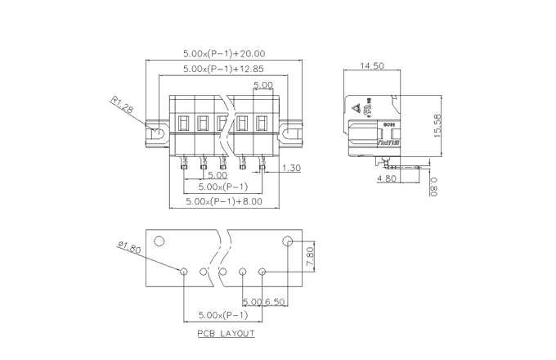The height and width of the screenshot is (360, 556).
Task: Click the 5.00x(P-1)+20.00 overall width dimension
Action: point(223,53)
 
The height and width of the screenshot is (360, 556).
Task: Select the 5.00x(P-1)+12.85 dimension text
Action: point(223,70)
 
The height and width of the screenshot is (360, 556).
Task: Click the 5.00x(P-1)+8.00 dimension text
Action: point(223,200)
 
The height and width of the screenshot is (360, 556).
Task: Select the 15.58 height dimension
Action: point(437,125)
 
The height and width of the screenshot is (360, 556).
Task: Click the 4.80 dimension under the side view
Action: point(387,178)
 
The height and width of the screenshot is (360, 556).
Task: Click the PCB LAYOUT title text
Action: point(226,334)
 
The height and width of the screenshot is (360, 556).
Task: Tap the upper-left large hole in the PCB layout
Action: point(160,241)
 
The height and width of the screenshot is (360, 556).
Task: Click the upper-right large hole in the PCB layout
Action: point(288,241)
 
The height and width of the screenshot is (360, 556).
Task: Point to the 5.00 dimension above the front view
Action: point(263,85)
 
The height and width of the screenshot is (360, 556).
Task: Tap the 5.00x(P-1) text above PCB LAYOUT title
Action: point(223,315)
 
